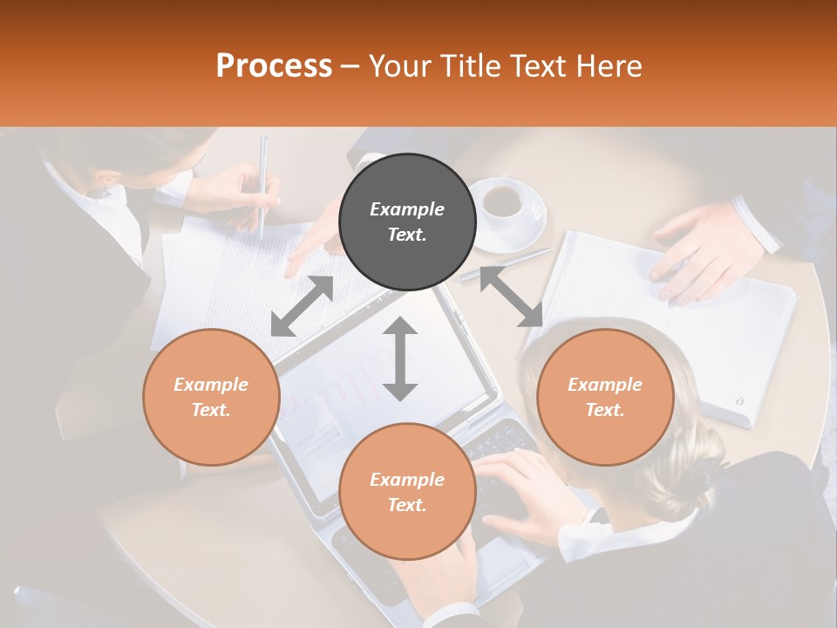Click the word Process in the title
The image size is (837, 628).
[274, 66]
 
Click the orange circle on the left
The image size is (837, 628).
[211, 397]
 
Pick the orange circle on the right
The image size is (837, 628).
[605, 397]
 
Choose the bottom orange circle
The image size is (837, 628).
[407, 491]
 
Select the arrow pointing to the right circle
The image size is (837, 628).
[511, 297]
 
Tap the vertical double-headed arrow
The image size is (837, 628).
[400, 358]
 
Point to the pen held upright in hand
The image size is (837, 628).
[262, 183]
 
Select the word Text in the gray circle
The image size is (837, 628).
[406, 235]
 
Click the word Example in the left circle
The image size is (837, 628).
[211, 385]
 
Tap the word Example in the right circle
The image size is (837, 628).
[605, 385]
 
